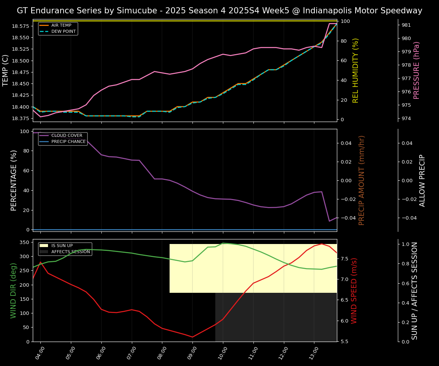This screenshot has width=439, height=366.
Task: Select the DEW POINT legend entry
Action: point(63,31)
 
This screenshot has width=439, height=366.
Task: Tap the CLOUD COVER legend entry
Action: point(66,135)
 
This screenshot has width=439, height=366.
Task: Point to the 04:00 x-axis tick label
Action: point(41,353)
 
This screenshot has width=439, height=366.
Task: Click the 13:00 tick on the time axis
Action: point(315,353)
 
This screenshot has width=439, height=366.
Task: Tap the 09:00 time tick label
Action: point(193,353)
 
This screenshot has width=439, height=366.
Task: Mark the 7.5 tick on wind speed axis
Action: point(344,259)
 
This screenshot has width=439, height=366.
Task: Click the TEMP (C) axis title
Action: point(6,70)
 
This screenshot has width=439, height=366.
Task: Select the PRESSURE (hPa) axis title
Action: point(417,70)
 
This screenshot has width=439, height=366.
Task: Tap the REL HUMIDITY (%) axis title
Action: point(356,70)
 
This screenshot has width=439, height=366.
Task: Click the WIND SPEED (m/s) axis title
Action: point(354,291)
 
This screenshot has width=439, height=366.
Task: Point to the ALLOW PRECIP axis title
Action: point(422,180)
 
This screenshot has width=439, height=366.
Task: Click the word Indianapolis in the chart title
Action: point(324,11)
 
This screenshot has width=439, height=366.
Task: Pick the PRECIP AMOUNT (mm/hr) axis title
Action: point(362,180)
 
